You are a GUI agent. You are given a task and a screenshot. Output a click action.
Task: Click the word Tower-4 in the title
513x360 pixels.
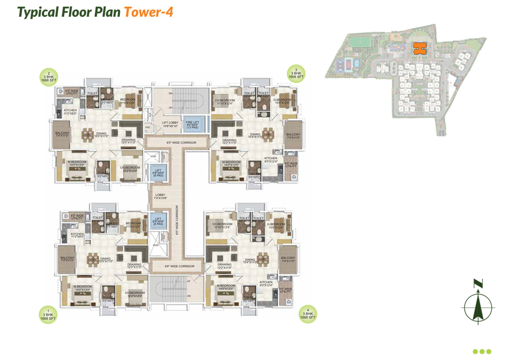(x=149, y=12)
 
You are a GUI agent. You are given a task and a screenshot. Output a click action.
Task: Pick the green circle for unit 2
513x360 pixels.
(x=49, y=77)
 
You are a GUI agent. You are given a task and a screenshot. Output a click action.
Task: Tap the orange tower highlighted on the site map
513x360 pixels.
(x=418, y=48)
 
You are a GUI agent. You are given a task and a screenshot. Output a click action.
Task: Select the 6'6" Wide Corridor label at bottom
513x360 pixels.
(x=179, y=266)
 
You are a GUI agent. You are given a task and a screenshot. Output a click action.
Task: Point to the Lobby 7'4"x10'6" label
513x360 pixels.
(x=160, y=196)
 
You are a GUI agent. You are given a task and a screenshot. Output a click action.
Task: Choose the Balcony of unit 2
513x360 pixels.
(x=62, y=135)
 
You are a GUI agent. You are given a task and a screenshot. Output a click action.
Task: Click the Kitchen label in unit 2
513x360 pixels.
(x=70, y=112)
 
